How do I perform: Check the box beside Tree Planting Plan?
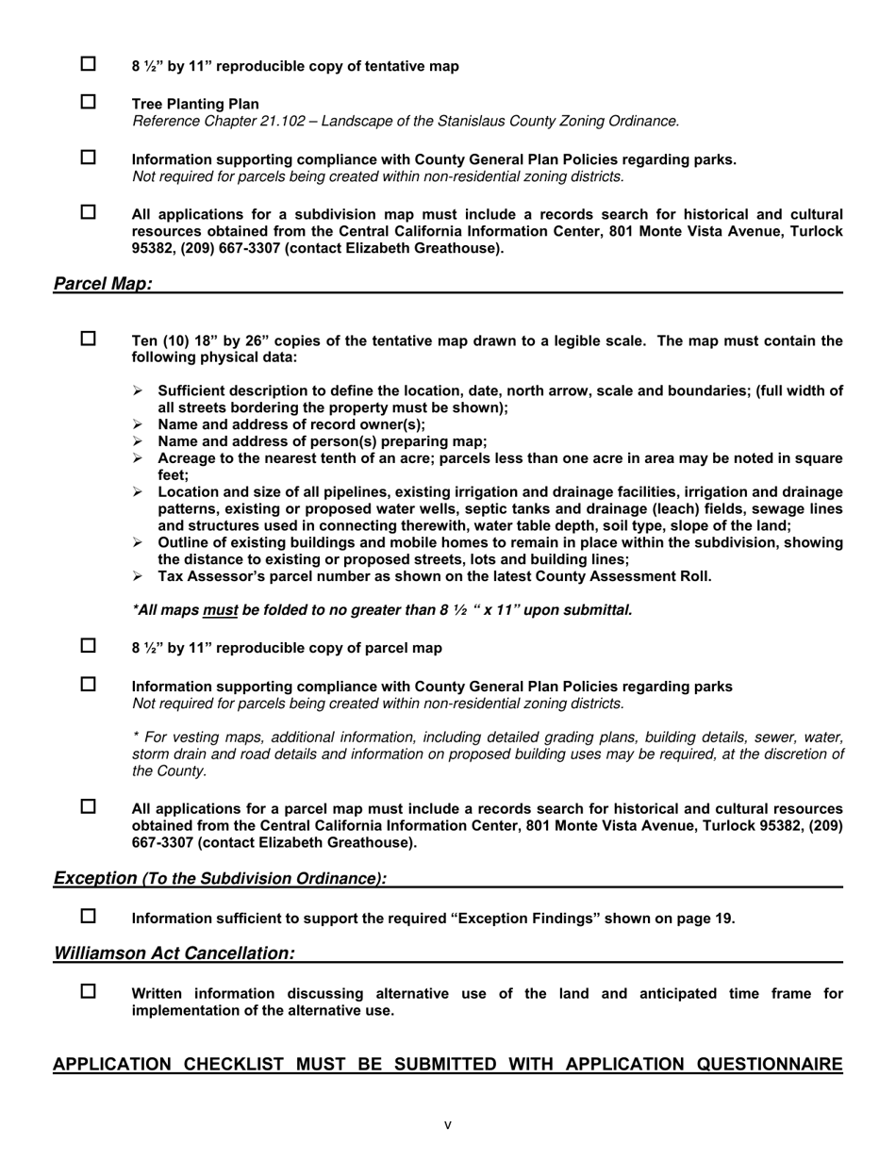tap(88, 102)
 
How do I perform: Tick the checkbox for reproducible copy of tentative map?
tap(88, 64)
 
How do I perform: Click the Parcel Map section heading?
tap(103, 284)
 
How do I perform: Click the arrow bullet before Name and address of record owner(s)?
tap(138, 424)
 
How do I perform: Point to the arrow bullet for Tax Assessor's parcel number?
tap(138, 576)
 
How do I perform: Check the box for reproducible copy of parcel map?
tap(88, 646)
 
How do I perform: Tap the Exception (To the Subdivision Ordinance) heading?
tap(220, 878)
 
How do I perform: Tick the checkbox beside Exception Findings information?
tap(88, 916)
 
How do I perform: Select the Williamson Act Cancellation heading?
tap(174, 953)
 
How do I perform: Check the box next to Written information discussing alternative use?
tap(88, 991)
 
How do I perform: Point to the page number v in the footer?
tap(448, 1124)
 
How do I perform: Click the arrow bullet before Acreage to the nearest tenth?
tap(138, 458)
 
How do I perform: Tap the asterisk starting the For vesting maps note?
tap(135, 736)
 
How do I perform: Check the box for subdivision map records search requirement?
tap(88, 212)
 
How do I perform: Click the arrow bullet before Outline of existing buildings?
tap(138, 542)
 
